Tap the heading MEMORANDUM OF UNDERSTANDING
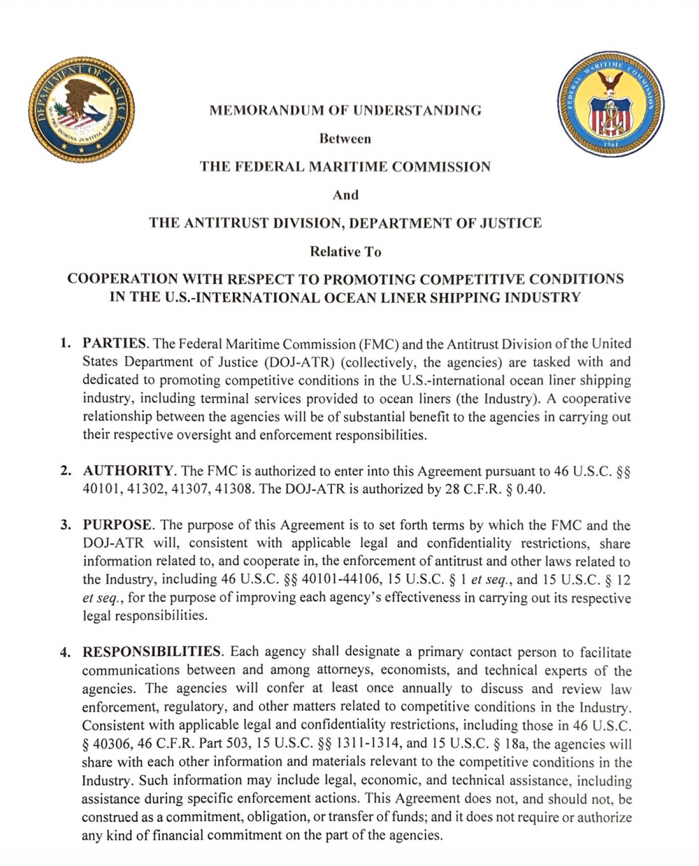click(x=345, y=110)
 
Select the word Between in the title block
click(x=345, y=139)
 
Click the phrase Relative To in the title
click(x=345, y=251)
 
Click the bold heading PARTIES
click(x=115, y=343)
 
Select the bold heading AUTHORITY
click(x=128, y=470)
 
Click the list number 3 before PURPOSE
click(x=65, y=525)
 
